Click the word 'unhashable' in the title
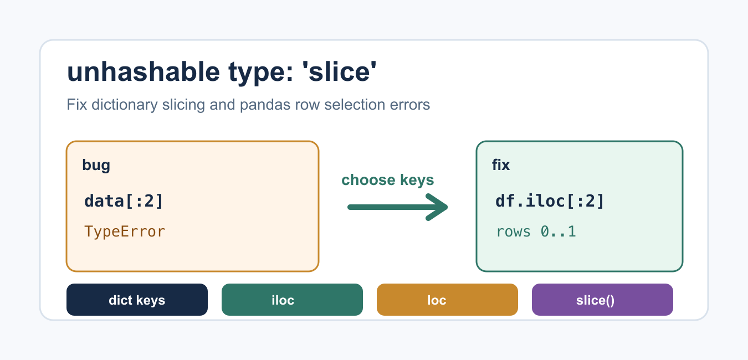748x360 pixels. pyautogui.click(x=144, y=71)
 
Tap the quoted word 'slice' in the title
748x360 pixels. pyautogui.click(x=339, y=71)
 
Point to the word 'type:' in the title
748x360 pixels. pyautogui.click(x=261, y=73)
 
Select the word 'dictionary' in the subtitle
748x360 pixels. pyautogui.click(x=124, y=105)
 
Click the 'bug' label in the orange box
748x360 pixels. pyautogui.click(x=96, y=165)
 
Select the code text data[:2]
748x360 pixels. pyautogui.click(x=124, y=201)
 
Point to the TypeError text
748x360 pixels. pyautogui.click(x=125, y=232)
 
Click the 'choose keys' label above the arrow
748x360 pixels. pyautogui.click(x=388, y=180)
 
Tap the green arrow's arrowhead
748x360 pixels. pyautogui.click(x=438, y=207)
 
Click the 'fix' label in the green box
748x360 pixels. pyautogui.click(x=501, y=165)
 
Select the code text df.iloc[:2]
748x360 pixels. pyautogui.click(x=550, y=201)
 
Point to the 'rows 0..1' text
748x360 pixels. pyautogui.click(x=536, y=232)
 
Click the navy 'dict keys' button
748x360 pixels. pyautogui.click(x=137, y=300)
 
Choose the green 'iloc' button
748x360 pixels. pyautogui.click(x=292, y=300)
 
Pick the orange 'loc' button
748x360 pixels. pyautogui.click(x=447, y=300)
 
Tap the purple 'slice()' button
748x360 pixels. pyautogui.click(x=602, y=300)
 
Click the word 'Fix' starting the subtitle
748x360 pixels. pyautogui.click(x=77, y=105)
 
